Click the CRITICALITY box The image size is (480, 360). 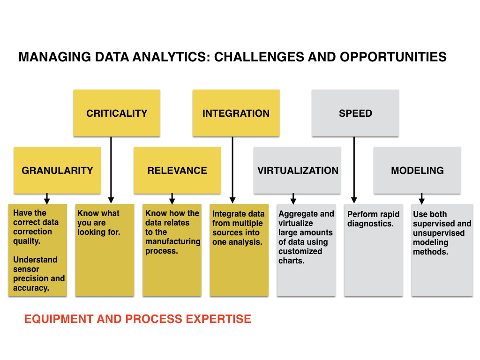117,113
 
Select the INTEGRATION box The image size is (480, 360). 236,113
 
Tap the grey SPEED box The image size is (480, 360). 355,113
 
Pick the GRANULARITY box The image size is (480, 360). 57,170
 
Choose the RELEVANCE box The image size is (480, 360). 177,170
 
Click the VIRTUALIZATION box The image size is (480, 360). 298,170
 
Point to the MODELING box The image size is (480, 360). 417,170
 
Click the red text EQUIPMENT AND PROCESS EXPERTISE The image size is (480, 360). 138,319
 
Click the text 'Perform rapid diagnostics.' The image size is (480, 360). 373,219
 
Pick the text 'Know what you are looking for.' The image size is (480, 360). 98,223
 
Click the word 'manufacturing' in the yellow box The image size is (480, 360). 172,241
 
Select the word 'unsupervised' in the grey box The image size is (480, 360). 438,233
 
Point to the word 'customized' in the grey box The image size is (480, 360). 300,251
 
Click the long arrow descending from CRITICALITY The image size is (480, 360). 111,169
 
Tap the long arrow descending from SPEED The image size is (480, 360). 354,169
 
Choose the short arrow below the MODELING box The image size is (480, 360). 421,198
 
